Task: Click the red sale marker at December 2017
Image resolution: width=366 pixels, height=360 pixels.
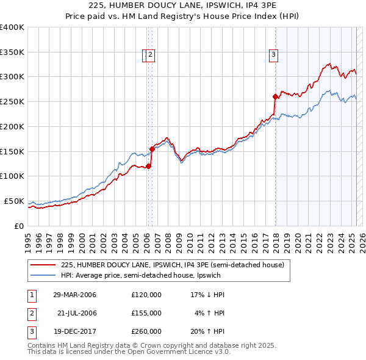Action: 275,96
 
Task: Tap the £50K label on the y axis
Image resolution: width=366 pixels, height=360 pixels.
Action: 15,201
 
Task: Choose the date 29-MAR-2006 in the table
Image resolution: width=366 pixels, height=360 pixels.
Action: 74,295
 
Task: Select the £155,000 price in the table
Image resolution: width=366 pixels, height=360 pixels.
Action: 146,313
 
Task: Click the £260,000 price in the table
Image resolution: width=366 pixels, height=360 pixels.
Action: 146,331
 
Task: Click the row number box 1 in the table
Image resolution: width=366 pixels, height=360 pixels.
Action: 30,295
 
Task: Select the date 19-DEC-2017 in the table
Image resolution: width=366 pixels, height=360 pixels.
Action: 74,331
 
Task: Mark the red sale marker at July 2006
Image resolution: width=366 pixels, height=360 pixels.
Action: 152,148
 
